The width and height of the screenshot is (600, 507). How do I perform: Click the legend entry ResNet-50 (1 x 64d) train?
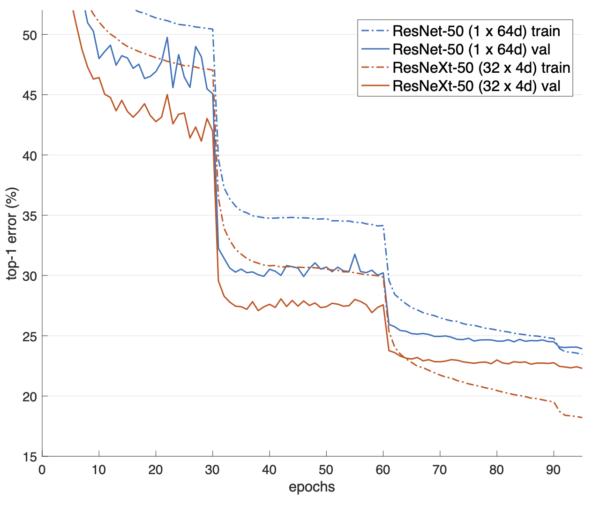tap(476, 31)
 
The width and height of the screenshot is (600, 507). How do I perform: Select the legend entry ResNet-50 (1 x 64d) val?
tap(471, 49)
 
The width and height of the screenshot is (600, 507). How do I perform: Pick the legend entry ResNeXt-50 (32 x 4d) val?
tap(476, 86)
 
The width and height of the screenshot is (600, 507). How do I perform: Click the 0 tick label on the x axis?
tap(42, 470)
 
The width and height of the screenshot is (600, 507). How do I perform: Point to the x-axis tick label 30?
tap(213, 470)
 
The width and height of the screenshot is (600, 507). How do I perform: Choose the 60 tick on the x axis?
tap(383, 470)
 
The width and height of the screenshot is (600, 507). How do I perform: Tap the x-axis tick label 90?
tap(554, 470)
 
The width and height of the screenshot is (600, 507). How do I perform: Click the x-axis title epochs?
tap(312, 487)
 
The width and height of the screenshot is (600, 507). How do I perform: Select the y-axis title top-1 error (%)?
tap(13, 233)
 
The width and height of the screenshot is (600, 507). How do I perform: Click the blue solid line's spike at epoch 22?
tap(167, 38)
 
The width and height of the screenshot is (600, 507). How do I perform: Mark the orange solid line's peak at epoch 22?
tap(167, 95)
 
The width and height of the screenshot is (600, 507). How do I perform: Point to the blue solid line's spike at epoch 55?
tap(355, 254)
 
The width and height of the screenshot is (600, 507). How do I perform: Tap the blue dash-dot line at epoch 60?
tap(383, 226)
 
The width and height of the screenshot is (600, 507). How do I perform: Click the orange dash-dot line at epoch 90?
tap(554, 402)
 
